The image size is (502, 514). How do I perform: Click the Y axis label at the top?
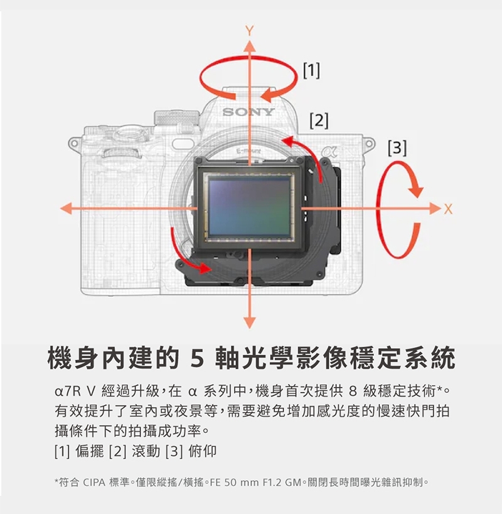coord(250,31)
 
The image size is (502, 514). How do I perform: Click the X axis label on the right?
coord(448,209)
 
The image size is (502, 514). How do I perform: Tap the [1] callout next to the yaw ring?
coord(311,70)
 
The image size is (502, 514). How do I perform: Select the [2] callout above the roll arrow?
coord(319,120)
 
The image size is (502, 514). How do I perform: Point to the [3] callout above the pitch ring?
coord(397,147)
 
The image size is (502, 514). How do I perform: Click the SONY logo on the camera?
coord(248,112)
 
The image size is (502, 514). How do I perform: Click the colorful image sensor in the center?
coord(249,208)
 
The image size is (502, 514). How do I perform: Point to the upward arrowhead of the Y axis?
coord(250,46)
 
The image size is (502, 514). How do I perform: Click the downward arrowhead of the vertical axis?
coord(250,323)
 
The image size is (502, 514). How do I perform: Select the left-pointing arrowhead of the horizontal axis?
coord(67,208)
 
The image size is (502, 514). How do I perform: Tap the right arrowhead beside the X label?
coord(435,208)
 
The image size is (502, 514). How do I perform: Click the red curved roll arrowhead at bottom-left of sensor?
coord(205,268)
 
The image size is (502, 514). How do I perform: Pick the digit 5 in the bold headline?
coord(197,358)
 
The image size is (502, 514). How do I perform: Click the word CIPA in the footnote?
coord(94,483)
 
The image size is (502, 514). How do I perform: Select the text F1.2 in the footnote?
coord(272,483)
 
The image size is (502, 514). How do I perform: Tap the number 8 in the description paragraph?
coord(353,391)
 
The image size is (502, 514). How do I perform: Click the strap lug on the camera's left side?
coord(74,143)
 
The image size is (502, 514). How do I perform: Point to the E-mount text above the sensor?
coord(249,151)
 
